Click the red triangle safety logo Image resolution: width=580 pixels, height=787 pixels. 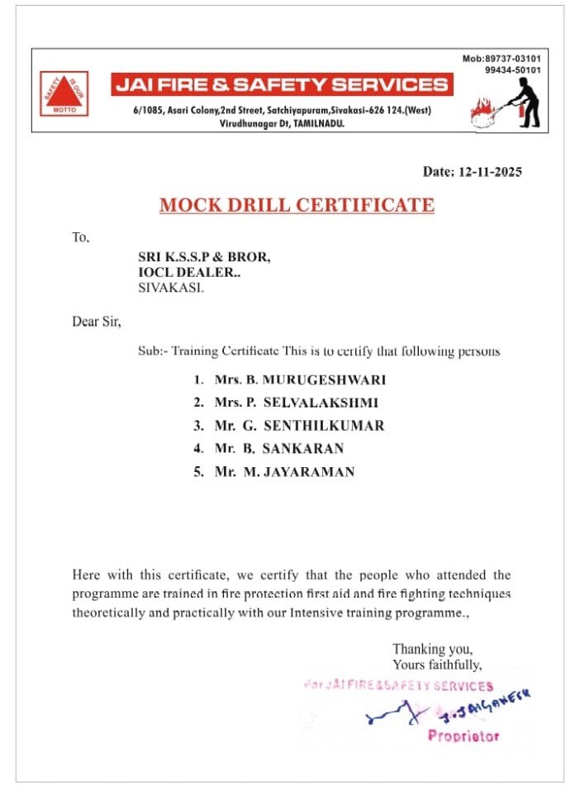(x=64, y=93)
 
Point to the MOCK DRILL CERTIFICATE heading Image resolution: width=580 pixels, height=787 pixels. (x=297, y=205)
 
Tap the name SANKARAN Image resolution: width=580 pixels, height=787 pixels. (x=302, y=449)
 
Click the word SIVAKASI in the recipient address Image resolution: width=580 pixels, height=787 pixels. (x=169, y=289)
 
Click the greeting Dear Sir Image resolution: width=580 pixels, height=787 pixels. (x=97, y=322)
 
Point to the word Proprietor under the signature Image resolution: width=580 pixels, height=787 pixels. (x=463, y=737)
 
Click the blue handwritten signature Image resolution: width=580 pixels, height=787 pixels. (x=446, y=709)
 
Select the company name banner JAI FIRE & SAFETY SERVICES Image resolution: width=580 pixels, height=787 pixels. (x=282, y=84)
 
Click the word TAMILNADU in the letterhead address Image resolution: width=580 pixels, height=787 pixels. (x=316, y=122)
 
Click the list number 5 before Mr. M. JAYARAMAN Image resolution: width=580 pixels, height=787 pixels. (x=198, y=472)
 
